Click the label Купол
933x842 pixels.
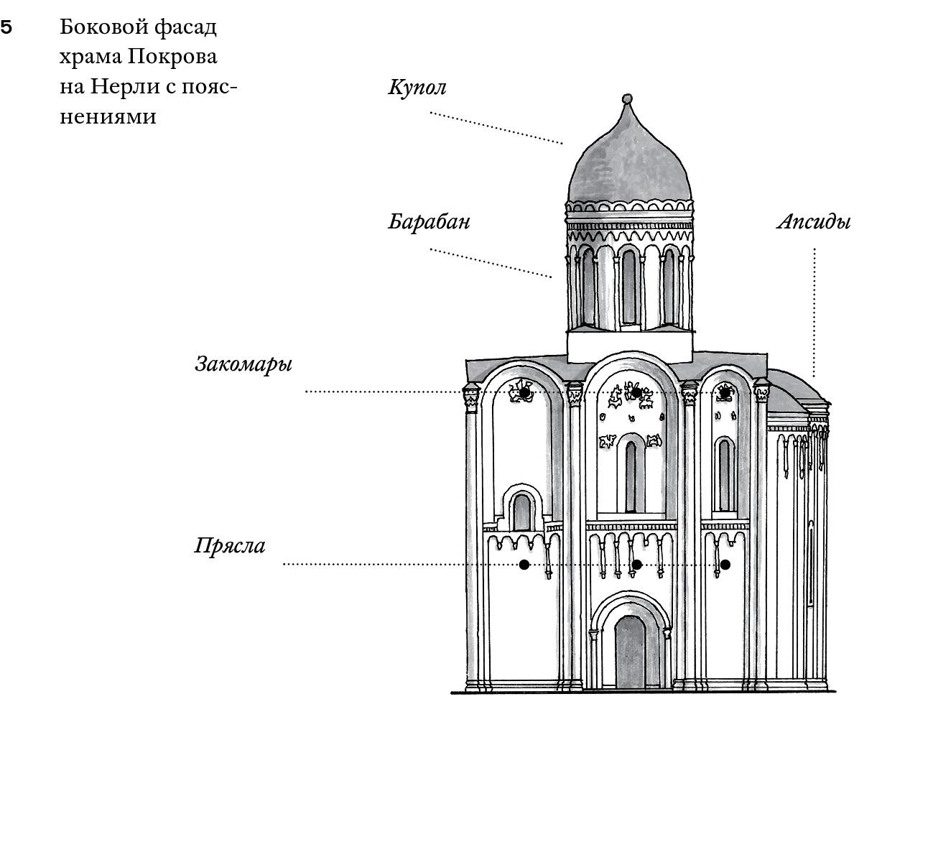(x=417, y=87)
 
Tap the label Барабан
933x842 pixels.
(x=429, y=221)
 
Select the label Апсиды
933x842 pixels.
(x=813, y=221)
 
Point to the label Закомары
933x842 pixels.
(x=243, y=364)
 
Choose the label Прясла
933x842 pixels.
(x=230, y=546)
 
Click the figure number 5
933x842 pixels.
(x=6, y=27)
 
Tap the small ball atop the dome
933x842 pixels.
(x=627, y=98)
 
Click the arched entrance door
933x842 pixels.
(x=630, y=652)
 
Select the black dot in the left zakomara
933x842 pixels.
(x=524, y=393)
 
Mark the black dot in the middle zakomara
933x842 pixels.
(x=636, y=393)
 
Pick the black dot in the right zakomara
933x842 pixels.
(x=725, y=392)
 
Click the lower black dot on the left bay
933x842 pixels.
(x=524, y=565)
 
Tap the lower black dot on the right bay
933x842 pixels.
(x=725, y=565)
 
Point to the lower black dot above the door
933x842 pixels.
(x=636, y=565)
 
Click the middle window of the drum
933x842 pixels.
(x=629, y=287)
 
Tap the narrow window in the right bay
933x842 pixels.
(x=724, y=474)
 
